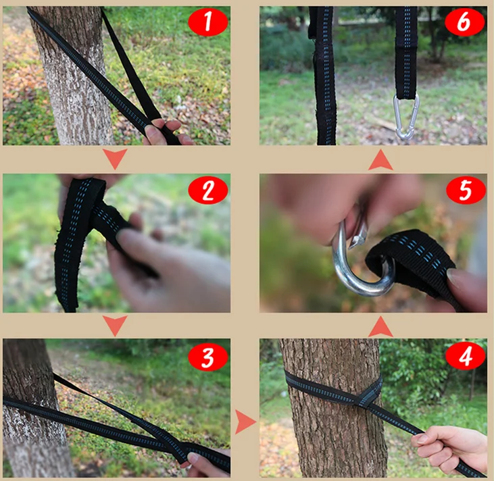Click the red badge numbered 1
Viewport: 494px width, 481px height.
point(208,22)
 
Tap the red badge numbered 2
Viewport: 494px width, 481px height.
point(208,191)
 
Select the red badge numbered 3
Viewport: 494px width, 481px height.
point(208,357)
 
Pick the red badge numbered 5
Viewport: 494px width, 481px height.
point(466,191)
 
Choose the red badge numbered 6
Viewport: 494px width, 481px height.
point(465,22)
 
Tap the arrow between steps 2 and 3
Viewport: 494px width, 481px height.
point(115,326)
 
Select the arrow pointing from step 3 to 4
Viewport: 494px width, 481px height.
point(245,422)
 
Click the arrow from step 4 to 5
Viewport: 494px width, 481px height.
point(380,327)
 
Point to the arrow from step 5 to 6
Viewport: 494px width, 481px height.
point(380,159)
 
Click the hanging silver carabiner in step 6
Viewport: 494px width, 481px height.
point(406,117)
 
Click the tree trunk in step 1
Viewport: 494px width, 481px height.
point(74,76)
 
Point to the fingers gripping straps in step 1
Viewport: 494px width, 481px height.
point(164,132)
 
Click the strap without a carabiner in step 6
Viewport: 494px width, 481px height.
point(324,76)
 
